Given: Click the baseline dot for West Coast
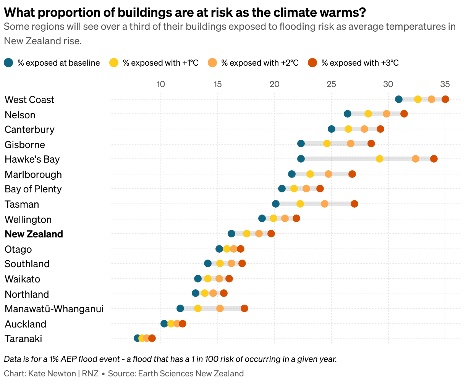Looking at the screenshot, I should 399,99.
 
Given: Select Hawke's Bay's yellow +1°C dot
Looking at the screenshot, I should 380,159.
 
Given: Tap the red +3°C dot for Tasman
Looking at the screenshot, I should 354,204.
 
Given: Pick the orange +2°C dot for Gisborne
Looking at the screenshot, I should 351,144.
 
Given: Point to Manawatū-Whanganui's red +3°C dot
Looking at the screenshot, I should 244,308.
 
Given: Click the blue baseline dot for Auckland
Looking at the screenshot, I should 164,324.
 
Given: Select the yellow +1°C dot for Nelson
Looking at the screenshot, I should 368,114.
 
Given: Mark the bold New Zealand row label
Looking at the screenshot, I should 34,234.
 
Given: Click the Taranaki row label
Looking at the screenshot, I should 23,339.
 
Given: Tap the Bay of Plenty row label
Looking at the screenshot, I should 33,189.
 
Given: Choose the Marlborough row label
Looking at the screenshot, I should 33,174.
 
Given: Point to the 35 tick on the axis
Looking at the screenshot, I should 445,84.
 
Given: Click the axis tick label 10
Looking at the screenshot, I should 161,84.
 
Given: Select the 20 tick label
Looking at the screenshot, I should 275,84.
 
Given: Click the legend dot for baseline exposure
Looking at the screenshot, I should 8,63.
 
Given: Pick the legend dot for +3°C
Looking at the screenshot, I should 312,63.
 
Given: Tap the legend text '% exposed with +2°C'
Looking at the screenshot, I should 260,63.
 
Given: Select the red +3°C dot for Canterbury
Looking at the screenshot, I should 380,129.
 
